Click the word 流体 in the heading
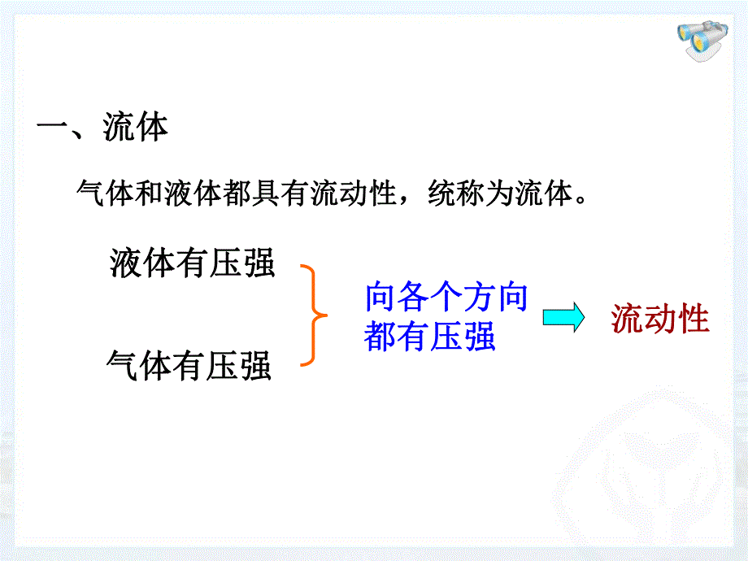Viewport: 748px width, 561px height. (x=136, y=128)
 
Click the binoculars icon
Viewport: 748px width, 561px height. (x=702, y=40)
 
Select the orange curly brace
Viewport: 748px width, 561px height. (x=315, y=315)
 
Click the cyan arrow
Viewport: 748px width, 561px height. (x=563, y=317)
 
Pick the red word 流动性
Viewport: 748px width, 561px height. (x=660, y=319)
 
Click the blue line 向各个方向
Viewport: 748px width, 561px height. (x=446, y=297)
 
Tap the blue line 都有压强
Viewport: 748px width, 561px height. (x=430, y=337)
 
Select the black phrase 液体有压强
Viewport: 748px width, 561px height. (x=192, y=263)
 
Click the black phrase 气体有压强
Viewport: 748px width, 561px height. (x=189, y=365)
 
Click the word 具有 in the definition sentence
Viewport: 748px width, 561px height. (x=280, y=194)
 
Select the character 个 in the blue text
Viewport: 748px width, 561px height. (x=446, y=297)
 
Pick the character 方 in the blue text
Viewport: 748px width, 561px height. (x=478, y=297)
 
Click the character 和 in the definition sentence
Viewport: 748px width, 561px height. (x=150, y=194)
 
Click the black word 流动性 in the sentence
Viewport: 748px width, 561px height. (x=354, y=194)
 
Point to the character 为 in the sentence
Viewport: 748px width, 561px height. (x=499, y=194)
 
